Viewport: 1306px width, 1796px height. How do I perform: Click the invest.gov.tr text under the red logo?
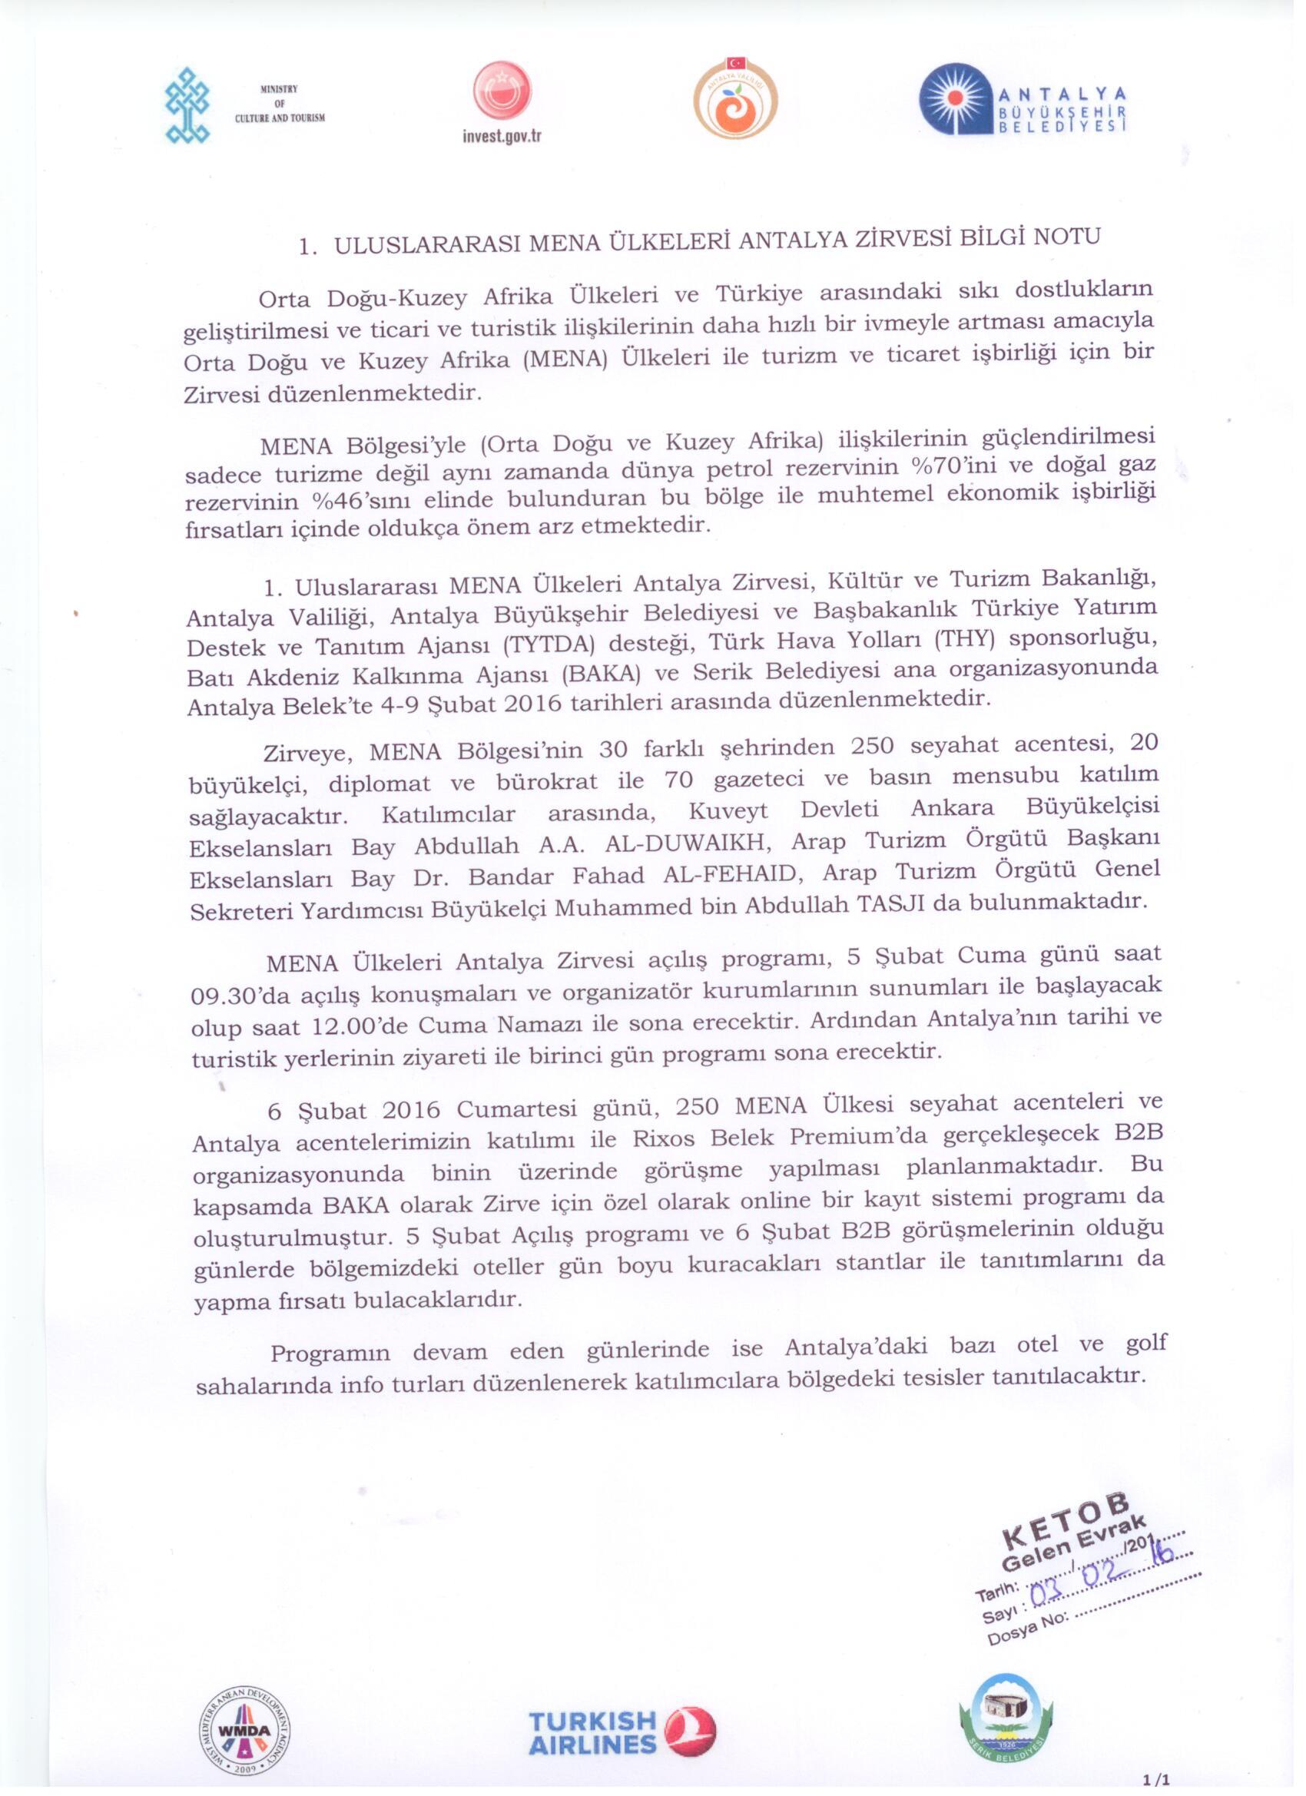pyautogui.click(x=502, y=136)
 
